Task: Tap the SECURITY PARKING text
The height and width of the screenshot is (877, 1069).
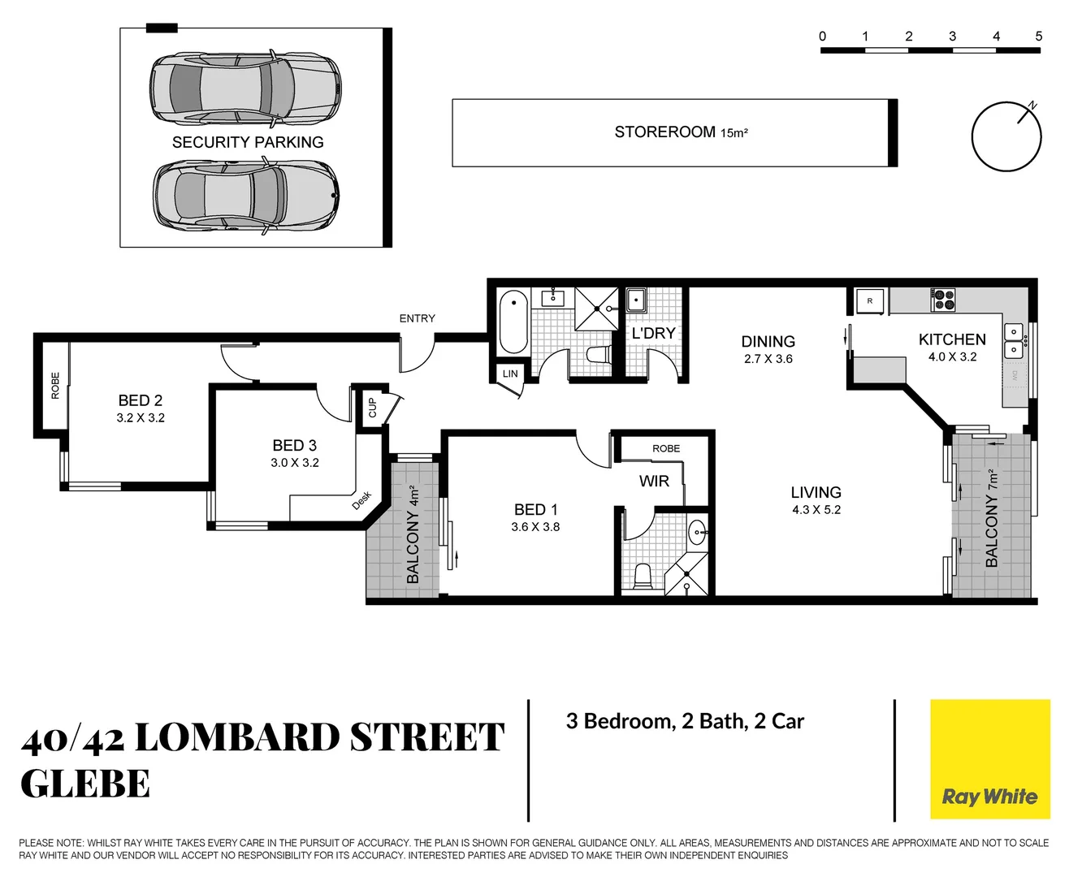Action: [248, 142]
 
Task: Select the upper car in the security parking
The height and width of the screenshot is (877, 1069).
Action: [245, 88]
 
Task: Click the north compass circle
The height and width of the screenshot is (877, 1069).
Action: [1006, 136]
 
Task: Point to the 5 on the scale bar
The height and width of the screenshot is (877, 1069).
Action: [1038, 37]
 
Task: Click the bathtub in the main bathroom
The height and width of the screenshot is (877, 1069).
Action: [513, 322]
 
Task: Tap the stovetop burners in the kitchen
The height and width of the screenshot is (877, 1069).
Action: [943, 300]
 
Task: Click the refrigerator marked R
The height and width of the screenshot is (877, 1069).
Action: [869, 300]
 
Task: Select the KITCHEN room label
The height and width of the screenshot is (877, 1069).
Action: [952, 339]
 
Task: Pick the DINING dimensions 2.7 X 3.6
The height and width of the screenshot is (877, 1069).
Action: [768, 359]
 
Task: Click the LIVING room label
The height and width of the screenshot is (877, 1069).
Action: [816, 492]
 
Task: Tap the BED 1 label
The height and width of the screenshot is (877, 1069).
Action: [535, 509]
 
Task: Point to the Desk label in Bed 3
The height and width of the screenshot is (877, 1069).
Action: [361, 500]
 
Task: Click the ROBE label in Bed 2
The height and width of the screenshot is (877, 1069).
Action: [55, 386]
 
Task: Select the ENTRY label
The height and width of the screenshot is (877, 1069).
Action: [417, 318]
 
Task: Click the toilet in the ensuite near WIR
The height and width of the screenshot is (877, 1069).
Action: [643, 576]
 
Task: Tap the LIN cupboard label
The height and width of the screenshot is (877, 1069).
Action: [509, 374]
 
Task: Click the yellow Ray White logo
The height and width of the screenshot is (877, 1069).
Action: [989, 758]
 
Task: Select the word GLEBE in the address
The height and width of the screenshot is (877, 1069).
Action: [85, 784]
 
